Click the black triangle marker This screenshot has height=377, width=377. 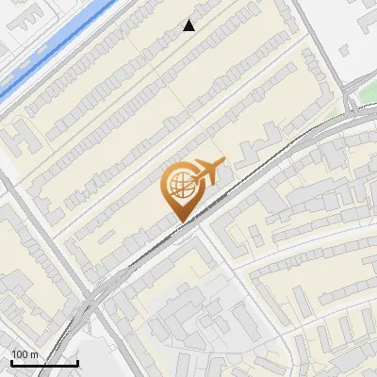pos(189,26)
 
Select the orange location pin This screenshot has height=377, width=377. pos(181,188)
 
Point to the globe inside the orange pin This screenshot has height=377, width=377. pos(179,183)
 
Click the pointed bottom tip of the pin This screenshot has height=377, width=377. pos(180,221)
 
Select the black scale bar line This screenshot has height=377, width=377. pos(44,363)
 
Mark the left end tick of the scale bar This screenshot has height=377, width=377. pos(12,361)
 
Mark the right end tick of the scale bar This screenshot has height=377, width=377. pos(77,361)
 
